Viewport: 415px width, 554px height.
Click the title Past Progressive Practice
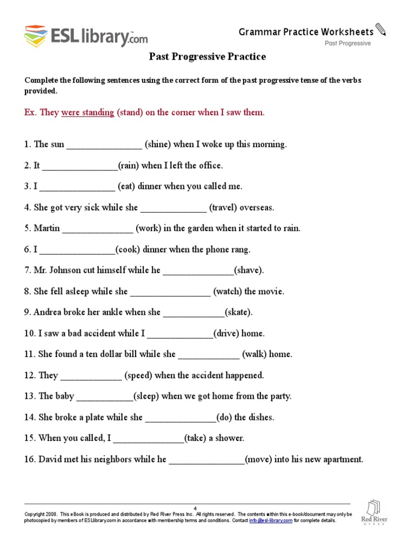pos(207,57)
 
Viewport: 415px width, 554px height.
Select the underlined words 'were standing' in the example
pos(88,113)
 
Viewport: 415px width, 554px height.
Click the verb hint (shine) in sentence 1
pos(158,144)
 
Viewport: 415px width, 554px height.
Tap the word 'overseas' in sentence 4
pos(257,208)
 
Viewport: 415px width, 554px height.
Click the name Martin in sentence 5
pos(47,228)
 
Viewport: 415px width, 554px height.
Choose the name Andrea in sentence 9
pos(49,312)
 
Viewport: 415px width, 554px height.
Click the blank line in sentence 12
pos(91,375)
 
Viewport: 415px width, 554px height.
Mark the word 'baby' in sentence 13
pos(64,396)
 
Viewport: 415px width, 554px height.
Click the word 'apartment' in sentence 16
pos(341,459)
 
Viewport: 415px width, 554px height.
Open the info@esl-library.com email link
pos(270,520)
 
